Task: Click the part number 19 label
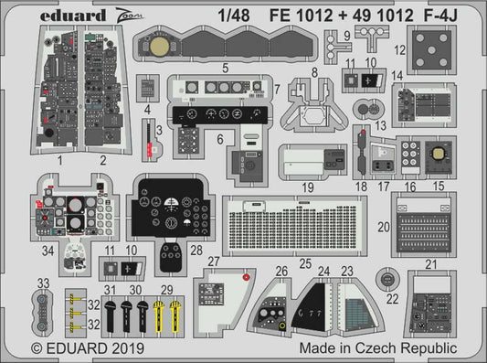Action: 308,187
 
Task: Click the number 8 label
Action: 313,70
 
